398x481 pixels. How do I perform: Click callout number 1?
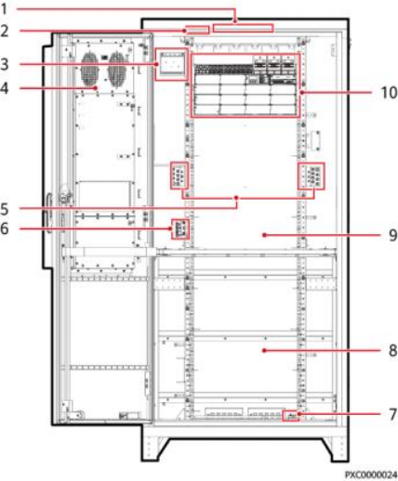(x=4, y=9)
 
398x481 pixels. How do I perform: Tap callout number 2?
(x=5, y=32)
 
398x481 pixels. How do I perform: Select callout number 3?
(x=5, y=64)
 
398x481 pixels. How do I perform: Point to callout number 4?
(x=5, y=88)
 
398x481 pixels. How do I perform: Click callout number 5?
(x=5, y=209)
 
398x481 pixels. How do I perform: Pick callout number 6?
(x=5, y=228)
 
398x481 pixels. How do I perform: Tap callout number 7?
(x=392, y=414)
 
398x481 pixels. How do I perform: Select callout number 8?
(x=392, y=351)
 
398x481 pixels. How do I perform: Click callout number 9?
(x=392, y=235)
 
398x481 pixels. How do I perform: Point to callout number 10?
(x=389, y=93)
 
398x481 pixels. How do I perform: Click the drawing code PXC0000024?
(x=371, y=474)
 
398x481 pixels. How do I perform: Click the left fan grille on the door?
(x=90, y=69)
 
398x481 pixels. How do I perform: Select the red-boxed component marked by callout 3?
(x=171, y=64)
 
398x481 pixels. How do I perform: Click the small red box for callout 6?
(x=180, y=229)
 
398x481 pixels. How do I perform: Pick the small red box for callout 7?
(x=291, y=416)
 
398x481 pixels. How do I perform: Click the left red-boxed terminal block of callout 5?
(x=179, y=175)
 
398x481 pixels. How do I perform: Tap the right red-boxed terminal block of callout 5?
(x=312, y=175)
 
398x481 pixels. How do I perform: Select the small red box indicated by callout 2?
(x=197, y=30)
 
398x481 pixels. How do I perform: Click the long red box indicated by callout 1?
(x=244, y=28)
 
